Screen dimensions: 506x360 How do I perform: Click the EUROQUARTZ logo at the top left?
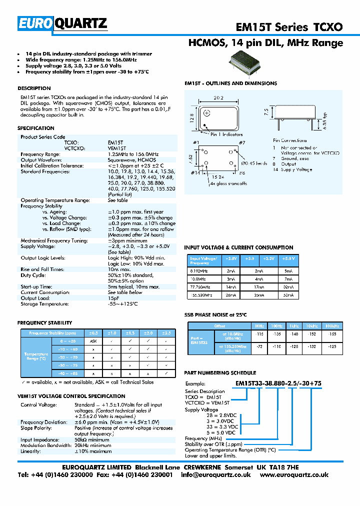click(63, 23)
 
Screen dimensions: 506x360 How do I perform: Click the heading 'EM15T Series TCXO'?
click(289, 27)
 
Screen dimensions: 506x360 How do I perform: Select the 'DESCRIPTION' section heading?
click(34, 88)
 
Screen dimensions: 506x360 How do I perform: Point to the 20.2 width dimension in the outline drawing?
click(218, 98)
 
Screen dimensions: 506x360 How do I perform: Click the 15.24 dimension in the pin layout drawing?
click(217, 176)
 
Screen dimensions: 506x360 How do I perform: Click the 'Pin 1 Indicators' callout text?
click(226, 134)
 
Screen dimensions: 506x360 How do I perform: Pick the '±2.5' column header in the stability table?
click(166, 333)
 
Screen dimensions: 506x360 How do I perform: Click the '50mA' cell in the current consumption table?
click(288, 295)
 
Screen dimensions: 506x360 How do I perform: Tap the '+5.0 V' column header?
click(288, 259)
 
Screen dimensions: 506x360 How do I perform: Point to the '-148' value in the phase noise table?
click(294, 333)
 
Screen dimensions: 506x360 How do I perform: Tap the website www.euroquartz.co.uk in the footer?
click(293, 474)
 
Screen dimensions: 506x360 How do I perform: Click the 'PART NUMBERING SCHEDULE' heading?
click(220, 373)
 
